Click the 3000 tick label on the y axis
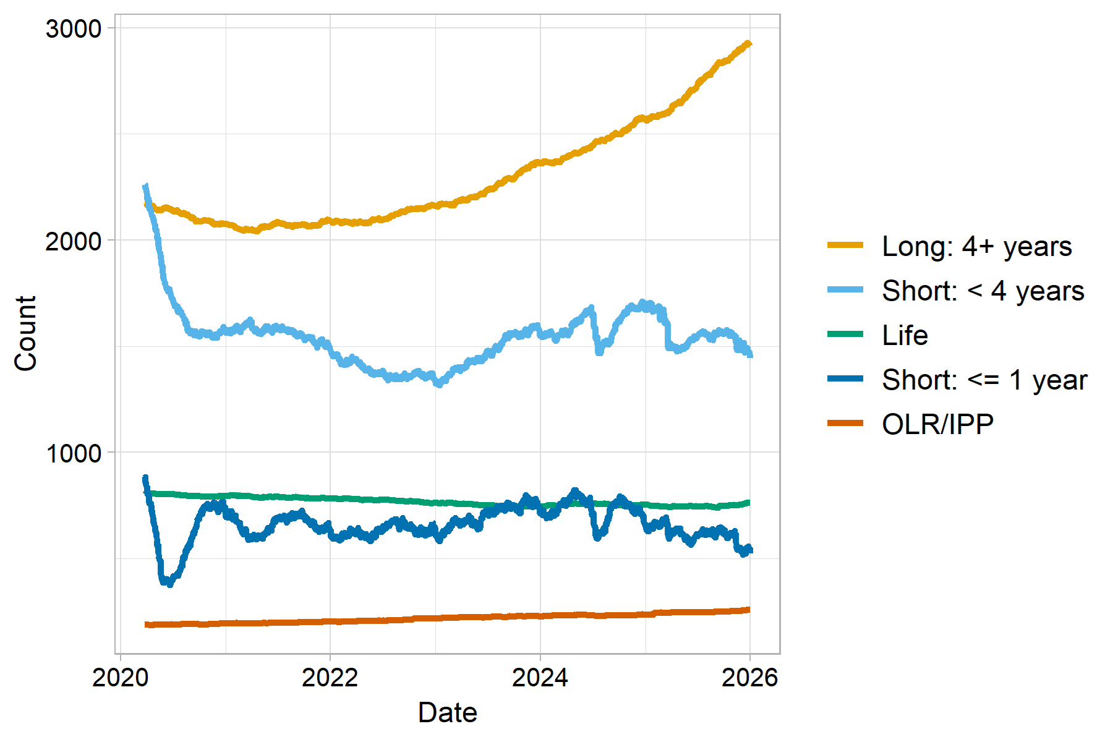click(73, 29)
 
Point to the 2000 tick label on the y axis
click(73, 241)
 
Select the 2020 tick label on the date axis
click(121, 678)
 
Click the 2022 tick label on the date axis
click(330, 678)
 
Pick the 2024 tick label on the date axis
click(540, 678)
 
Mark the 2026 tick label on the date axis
click(749, 678)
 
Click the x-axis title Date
click(447, 713)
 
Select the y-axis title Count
click(26, 334)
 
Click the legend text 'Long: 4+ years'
click(976, 247)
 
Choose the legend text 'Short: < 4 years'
click(983, 291)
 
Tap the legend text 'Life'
click(905, 336)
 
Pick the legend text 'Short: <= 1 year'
click(984, 380)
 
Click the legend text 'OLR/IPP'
click(937, 425)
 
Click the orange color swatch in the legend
click(845, 245)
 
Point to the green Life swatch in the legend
click(845, 335)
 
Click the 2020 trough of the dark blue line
click(168, 582)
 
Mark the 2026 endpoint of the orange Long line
click(749, 43)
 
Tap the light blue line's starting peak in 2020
click(145, 185)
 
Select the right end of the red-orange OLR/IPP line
click(749, 610)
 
